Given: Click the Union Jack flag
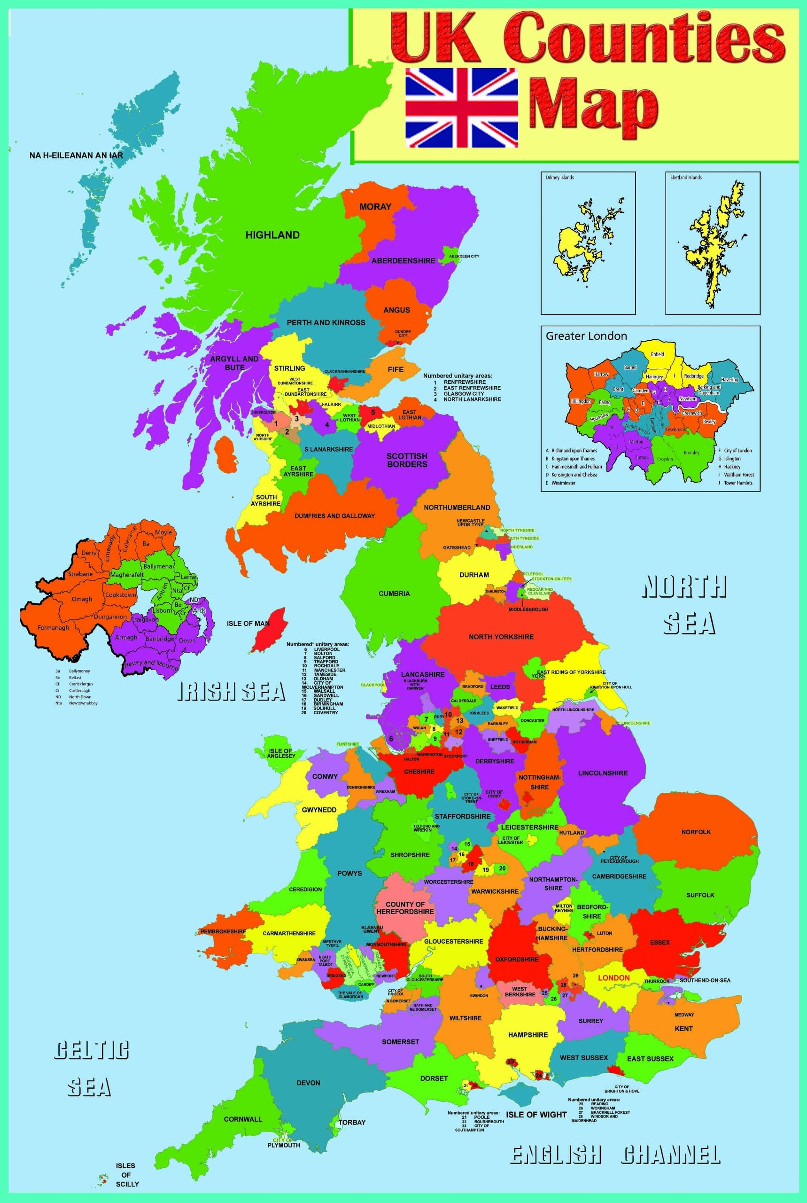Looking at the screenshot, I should click(x=461, y=108).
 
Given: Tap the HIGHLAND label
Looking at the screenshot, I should click(x=272, y=235).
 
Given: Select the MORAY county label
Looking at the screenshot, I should click(x=375, y=207).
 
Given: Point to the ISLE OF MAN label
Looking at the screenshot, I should click(x=248, y=624).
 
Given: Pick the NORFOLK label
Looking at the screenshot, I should click(x=696, y=832).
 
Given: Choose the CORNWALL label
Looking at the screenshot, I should click(x=243, y=1119).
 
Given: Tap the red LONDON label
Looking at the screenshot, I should click(x=613, y=977).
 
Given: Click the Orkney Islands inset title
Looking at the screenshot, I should click(x=559, y=178).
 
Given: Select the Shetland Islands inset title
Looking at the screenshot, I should click(x=685, y=178).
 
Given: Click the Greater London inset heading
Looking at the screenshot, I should click(x=586, y=336).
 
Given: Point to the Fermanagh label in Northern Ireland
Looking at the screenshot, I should click(x=53, y=628).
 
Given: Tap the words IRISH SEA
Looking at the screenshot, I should click(x=231, y=691).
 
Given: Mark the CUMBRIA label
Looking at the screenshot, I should click(x=394, y=594).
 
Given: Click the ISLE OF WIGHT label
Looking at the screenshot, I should click(x=536, y=1115).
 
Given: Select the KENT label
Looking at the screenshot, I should click(x=683, y=1029).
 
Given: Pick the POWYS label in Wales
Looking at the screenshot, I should click(x=349, y=874).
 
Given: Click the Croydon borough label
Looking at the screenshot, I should click(x=665, y=459).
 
